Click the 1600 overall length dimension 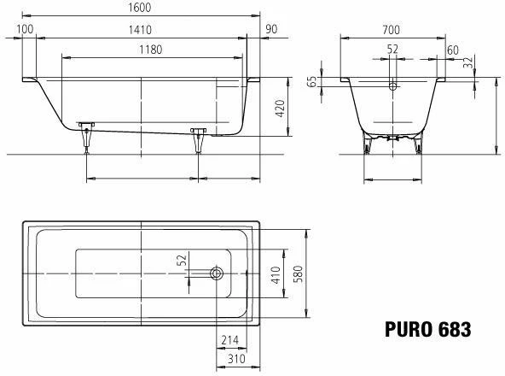139,8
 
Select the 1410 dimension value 140,30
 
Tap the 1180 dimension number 151,50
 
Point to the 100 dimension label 25,29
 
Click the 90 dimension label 271,29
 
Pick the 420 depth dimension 280,109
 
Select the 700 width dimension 392,30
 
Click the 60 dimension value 452,50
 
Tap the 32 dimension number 468,63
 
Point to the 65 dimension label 311,82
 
